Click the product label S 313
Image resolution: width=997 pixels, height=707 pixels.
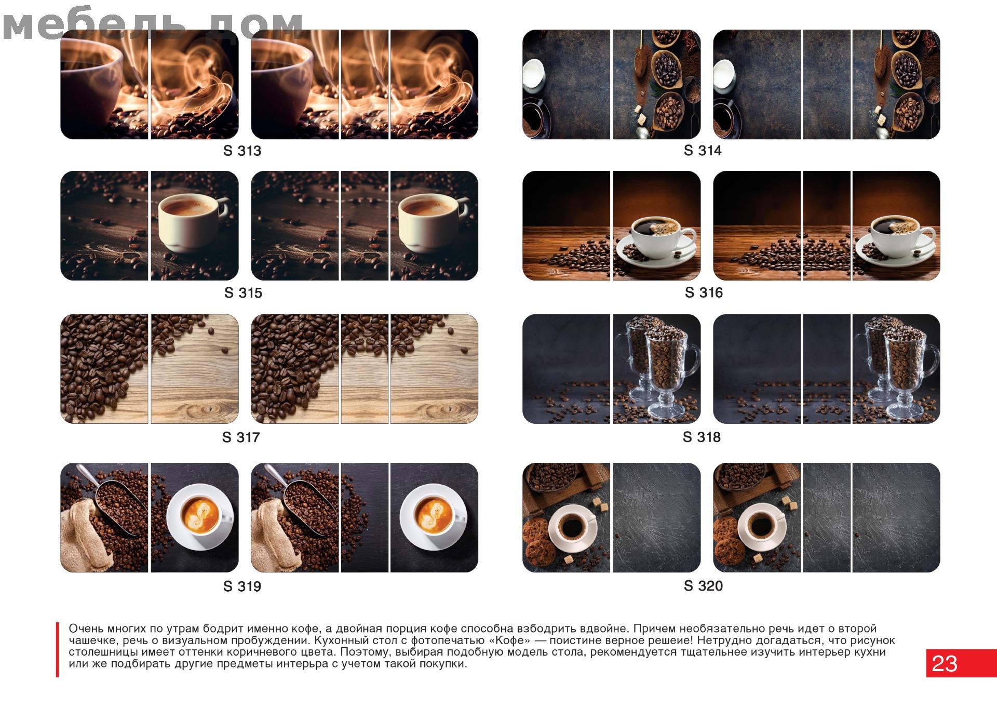tap(242, 151)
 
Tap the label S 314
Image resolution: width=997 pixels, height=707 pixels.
tap(703, 150)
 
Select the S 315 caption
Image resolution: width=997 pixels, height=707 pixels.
tap(243, 293)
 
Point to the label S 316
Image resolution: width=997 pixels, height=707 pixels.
tap(704, 292)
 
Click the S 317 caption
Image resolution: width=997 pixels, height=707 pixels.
tap(241, 437)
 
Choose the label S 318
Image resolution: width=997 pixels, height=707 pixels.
tap(702, 437)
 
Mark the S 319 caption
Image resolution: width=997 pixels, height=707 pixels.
tap(242, 586)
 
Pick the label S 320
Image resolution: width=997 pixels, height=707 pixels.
tap(703, 586)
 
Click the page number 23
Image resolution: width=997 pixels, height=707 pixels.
tap(945, 663)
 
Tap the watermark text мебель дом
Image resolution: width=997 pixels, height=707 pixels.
tap(153, 25)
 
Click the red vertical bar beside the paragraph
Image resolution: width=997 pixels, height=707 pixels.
tap(57, 649)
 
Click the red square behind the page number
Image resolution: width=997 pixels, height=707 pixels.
tap(962, 663)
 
